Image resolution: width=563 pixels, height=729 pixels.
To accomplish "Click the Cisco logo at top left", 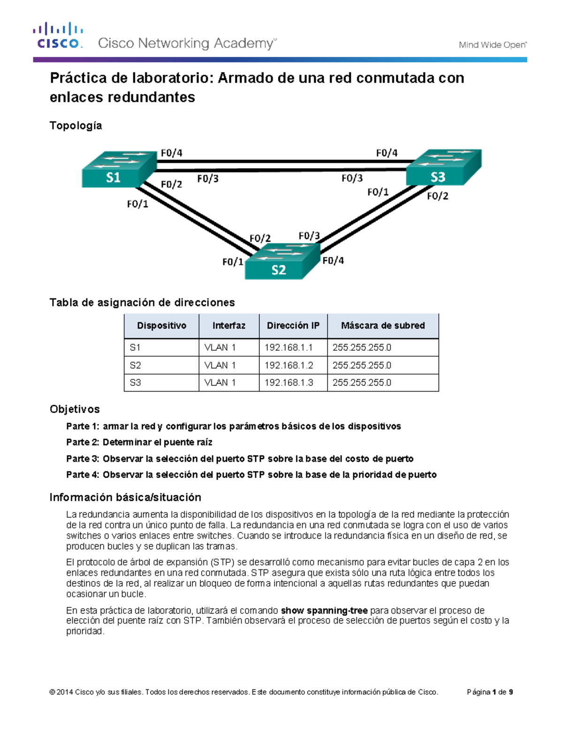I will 58,36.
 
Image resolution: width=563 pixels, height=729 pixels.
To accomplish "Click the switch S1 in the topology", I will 119,169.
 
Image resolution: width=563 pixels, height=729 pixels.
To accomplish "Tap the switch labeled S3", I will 443,168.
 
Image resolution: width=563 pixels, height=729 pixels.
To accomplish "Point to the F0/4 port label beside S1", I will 171,153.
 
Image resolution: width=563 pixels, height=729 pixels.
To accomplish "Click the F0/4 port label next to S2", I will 333,261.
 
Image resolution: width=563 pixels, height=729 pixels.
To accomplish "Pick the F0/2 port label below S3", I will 437,196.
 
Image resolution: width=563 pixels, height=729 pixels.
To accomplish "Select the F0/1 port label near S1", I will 137,204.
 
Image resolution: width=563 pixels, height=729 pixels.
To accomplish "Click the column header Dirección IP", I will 293,326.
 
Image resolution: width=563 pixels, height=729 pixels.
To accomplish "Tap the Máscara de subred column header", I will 383,326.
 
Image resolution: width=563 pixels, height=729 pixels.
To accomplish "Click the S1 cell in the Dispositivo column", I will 135,348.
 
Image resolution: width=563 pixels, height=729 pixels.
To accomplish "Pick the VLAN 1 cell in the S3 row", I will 220,383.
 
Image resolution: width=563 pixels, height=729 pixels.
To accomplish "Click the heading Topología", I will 76,125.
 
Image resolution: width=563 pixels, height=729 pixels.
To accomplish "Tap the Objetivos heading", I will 75,409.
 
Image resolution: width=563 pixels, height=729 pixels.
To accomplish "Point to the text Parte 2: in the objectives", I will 83,442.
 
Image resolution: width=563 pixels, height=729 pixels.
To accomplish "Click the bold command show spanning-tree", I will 324,610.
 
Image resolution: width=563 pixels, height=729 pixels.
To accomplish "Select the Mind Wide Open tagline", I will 493,45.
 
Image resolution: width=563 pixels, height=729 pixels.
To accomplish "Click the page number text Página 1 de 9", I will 490,692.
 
